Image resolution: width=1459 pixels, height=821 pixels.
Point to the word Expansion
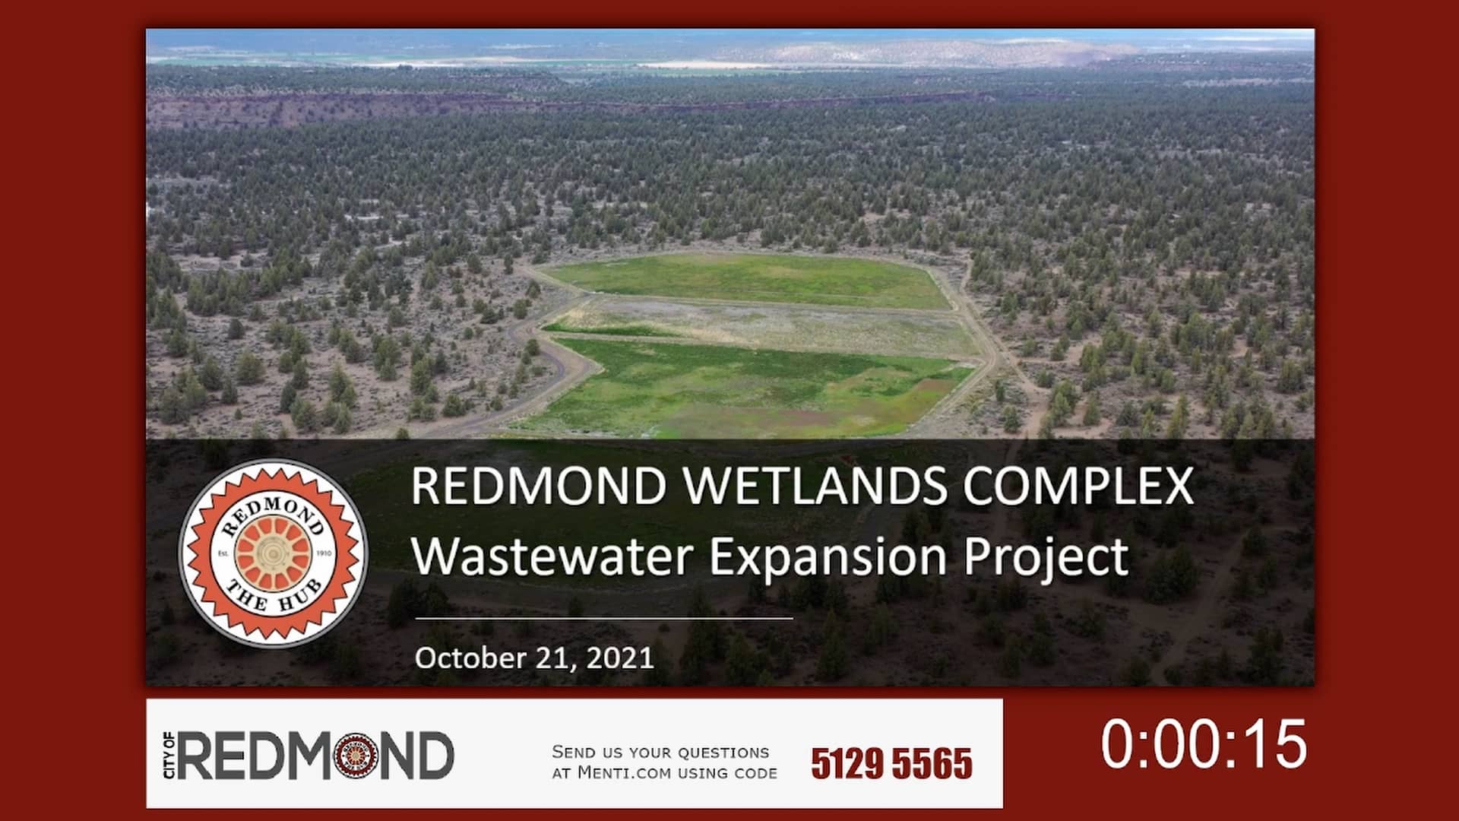[x=828, y=557]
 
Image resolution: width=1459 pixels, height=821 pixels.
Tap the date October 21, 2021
[x=534, y=658]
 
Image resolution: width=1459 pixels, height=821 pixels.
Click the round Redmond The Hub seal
[x=273, y=553]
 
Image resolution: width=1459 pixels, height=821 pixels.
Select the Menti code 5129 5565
[x=891, y=763]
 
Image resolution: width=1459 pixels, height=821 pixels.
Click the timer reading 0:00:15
[x=1204, y=743]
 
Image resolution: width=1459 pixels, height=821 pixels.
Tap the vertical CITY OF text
[x=169, y=755]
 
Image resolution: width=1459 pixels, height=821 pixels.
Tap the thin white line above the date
[x=603, y=618]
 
